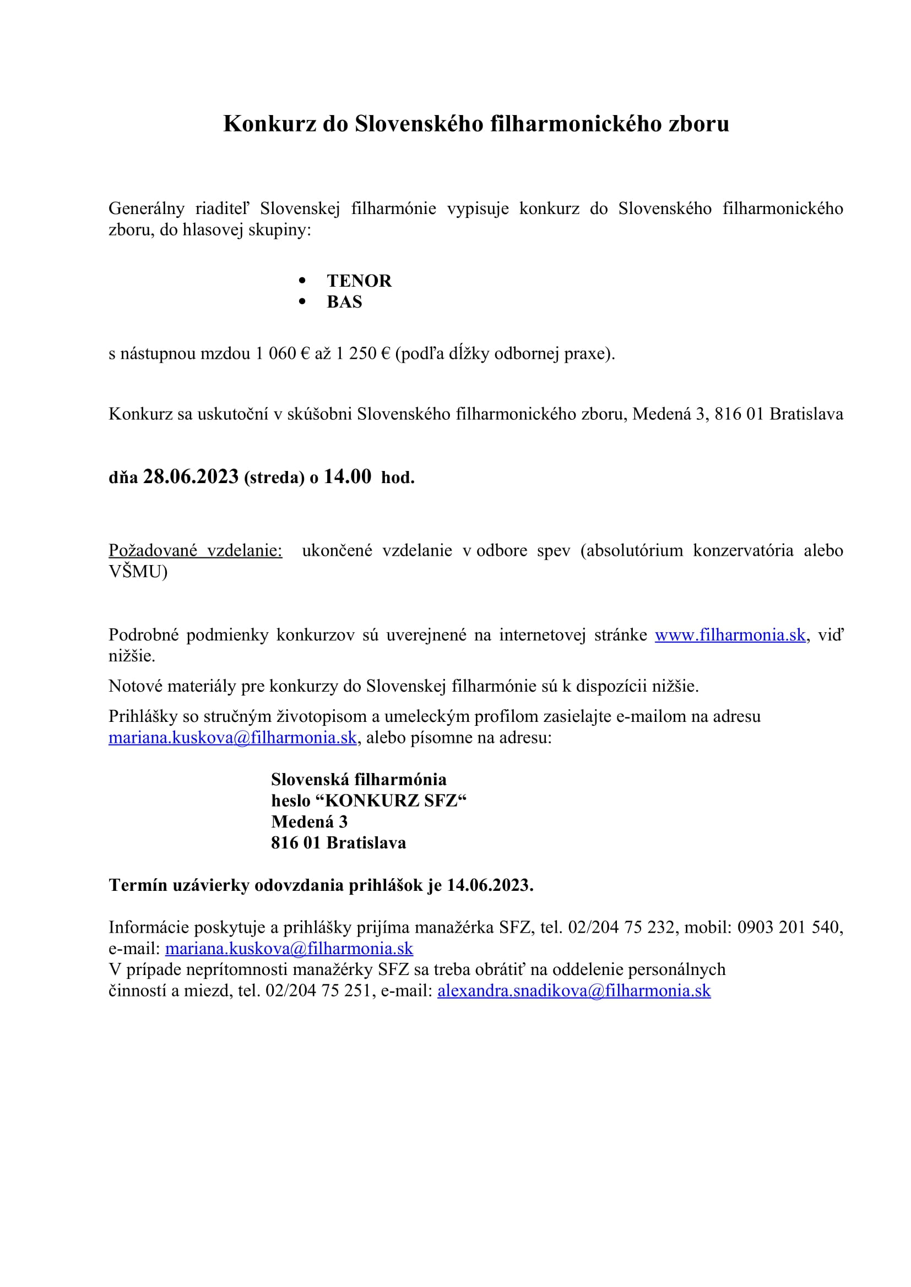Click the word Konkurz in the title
click(269, 124)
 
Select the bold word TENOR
click(359, 281)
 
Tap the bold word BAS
click(344, 302)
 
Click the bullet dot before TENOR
click(303, 280)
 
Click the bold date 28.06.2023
click(191, 477)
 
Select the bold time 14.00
click(347, 477)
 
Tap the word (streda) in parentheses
click(274, 478)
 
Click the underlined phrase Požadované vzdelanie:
click(195, 550)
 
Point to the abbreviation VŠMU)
click(138, 572)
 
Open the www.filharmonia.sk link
click(730, 635)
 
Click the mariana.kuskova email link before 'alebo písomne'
click(232, 738)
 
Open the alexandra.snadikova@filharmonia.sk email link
click(574, 991)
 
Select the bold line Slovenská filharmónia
click(359, 780)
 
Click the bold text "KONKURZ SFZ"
click(396, 801)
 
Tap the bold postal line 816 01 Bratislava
click(338, 843)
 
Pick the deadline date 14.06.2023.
click(490, 885)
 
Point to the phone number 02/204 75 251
click(318, 991)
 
